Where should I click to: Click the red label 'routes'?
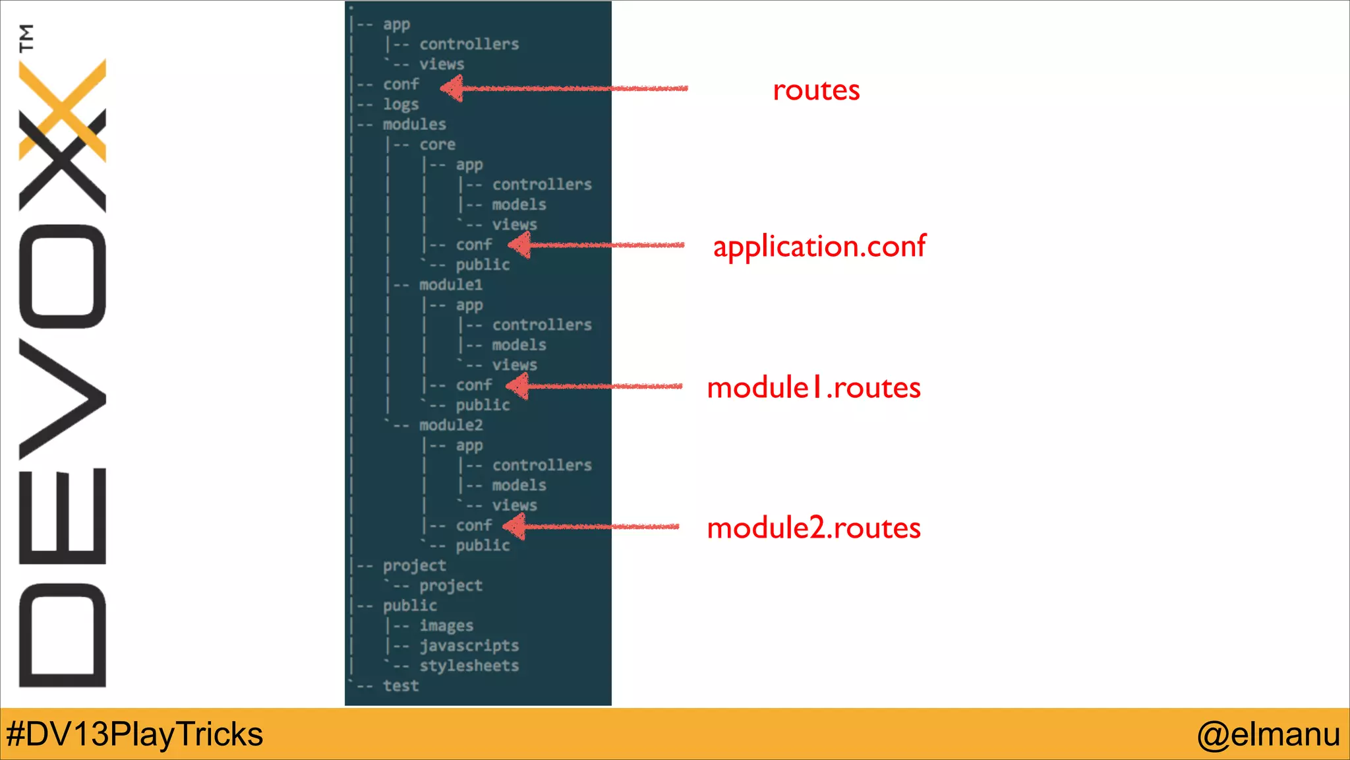tap(816, 90)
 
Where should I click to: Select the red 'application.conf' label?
tap(819, 247)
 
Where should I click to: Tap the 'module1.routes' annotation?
tap(813, 388)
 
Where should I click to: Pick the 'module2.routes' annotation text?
tap(813, 528)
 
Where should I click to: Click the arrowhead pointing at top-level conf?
tap(452, 88)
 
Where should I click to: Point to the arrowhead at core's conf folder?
tap(520, 245)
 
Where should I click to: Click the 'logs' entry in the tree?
tap(401, 105)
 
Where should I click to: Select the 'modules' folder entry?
tap(414, 125)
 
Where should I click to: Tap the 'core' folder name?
tap(437, 144)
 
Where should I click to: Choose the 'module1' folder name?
tap(451, 285)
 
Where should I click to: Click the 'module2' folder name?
tap(451, 426)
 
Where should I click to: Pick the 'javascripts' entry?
tap(469, 646)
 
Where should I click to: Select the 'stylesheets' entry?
tap(469, 666)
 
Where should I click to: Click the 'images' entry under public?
tap(446, 625)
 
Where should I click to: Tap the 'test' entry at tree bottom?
tap(401, 686)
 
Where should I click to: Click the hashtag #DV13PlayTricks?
tap(134, 734)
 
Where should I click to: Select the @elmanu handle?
tap(1268, 734)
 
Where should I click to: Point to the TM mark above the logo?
tap(26, 38)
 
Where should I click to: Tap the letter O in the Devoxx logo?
tap(63, 276)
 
